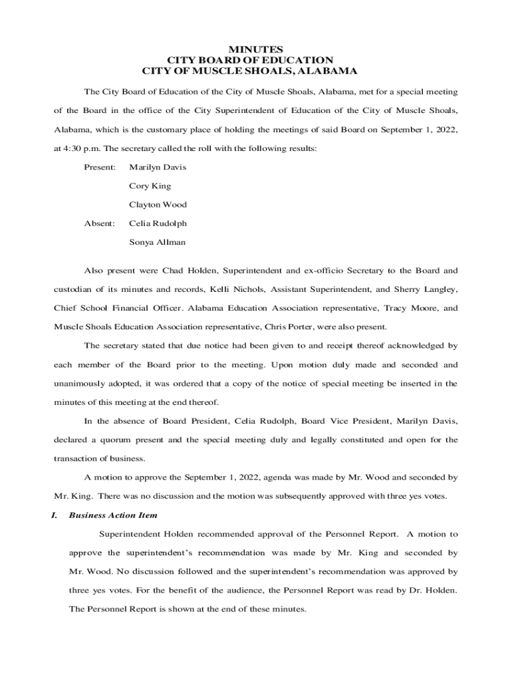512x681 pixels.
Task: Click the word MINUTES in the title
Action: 256,50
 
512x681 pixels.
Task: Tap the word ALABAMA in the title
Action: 328,70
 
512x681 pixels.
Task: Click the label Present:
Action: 100,167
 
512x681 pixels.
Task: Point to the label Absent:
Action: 99,223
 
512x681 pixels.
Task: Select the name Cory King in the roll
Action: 150,186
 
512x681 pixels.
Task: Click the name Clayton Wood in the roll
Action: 158,205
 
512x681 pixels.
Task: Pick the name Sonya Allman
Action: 157,242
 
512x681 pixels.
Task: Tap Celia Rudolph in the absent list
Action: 158,223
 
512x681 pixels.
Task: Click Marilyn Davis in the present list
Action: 158,167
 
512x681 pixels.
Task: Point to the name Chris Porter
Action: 288,327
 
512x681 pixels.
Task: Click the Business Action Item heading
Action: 113,515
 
